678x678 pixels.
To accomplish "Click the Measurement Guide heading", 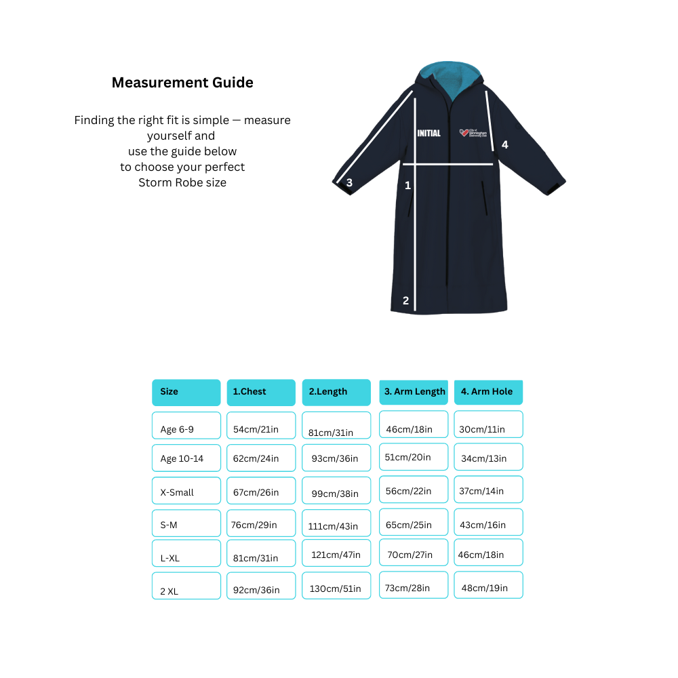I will tap(182, 83).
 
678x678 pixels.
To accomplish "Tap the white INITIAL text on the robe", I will tap(428, 134).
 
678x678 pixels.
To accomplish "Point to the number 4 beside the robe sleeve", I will tap(504, 144).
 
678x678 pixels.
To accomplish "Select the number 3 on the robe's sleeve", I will tap(349, 182).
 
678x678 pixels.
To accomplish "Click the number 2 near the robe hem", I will tap(405, 301).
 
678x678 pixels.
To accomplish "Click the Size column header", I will tap(186, 392).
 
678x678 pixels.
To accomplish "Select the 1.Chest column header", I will tap(261, 392).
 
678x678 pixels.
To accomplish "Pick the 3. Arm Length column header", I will tap(414, 392).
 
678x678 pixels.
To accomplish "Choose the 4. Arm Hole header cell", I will tap(488, 392).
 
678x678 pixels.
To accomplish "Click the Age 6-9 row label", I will tap(186, 426).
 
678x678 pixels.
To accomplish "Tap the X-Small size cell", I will tap(186, 491).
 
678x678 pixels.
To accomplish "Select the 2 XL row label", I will tap(186, 586).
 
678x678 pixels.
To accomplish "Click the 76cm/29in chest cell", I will tap(261, 524).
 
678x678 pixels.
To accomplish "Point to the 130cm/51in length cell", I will tap(336, 586).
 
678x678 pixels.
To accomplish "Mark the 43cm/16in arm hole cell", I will tap(488, 523).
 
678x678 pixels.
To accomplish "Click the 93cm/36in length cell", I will tap(336, 458).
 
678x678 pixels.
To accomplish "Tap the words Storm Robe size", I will tap(182, 182).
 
